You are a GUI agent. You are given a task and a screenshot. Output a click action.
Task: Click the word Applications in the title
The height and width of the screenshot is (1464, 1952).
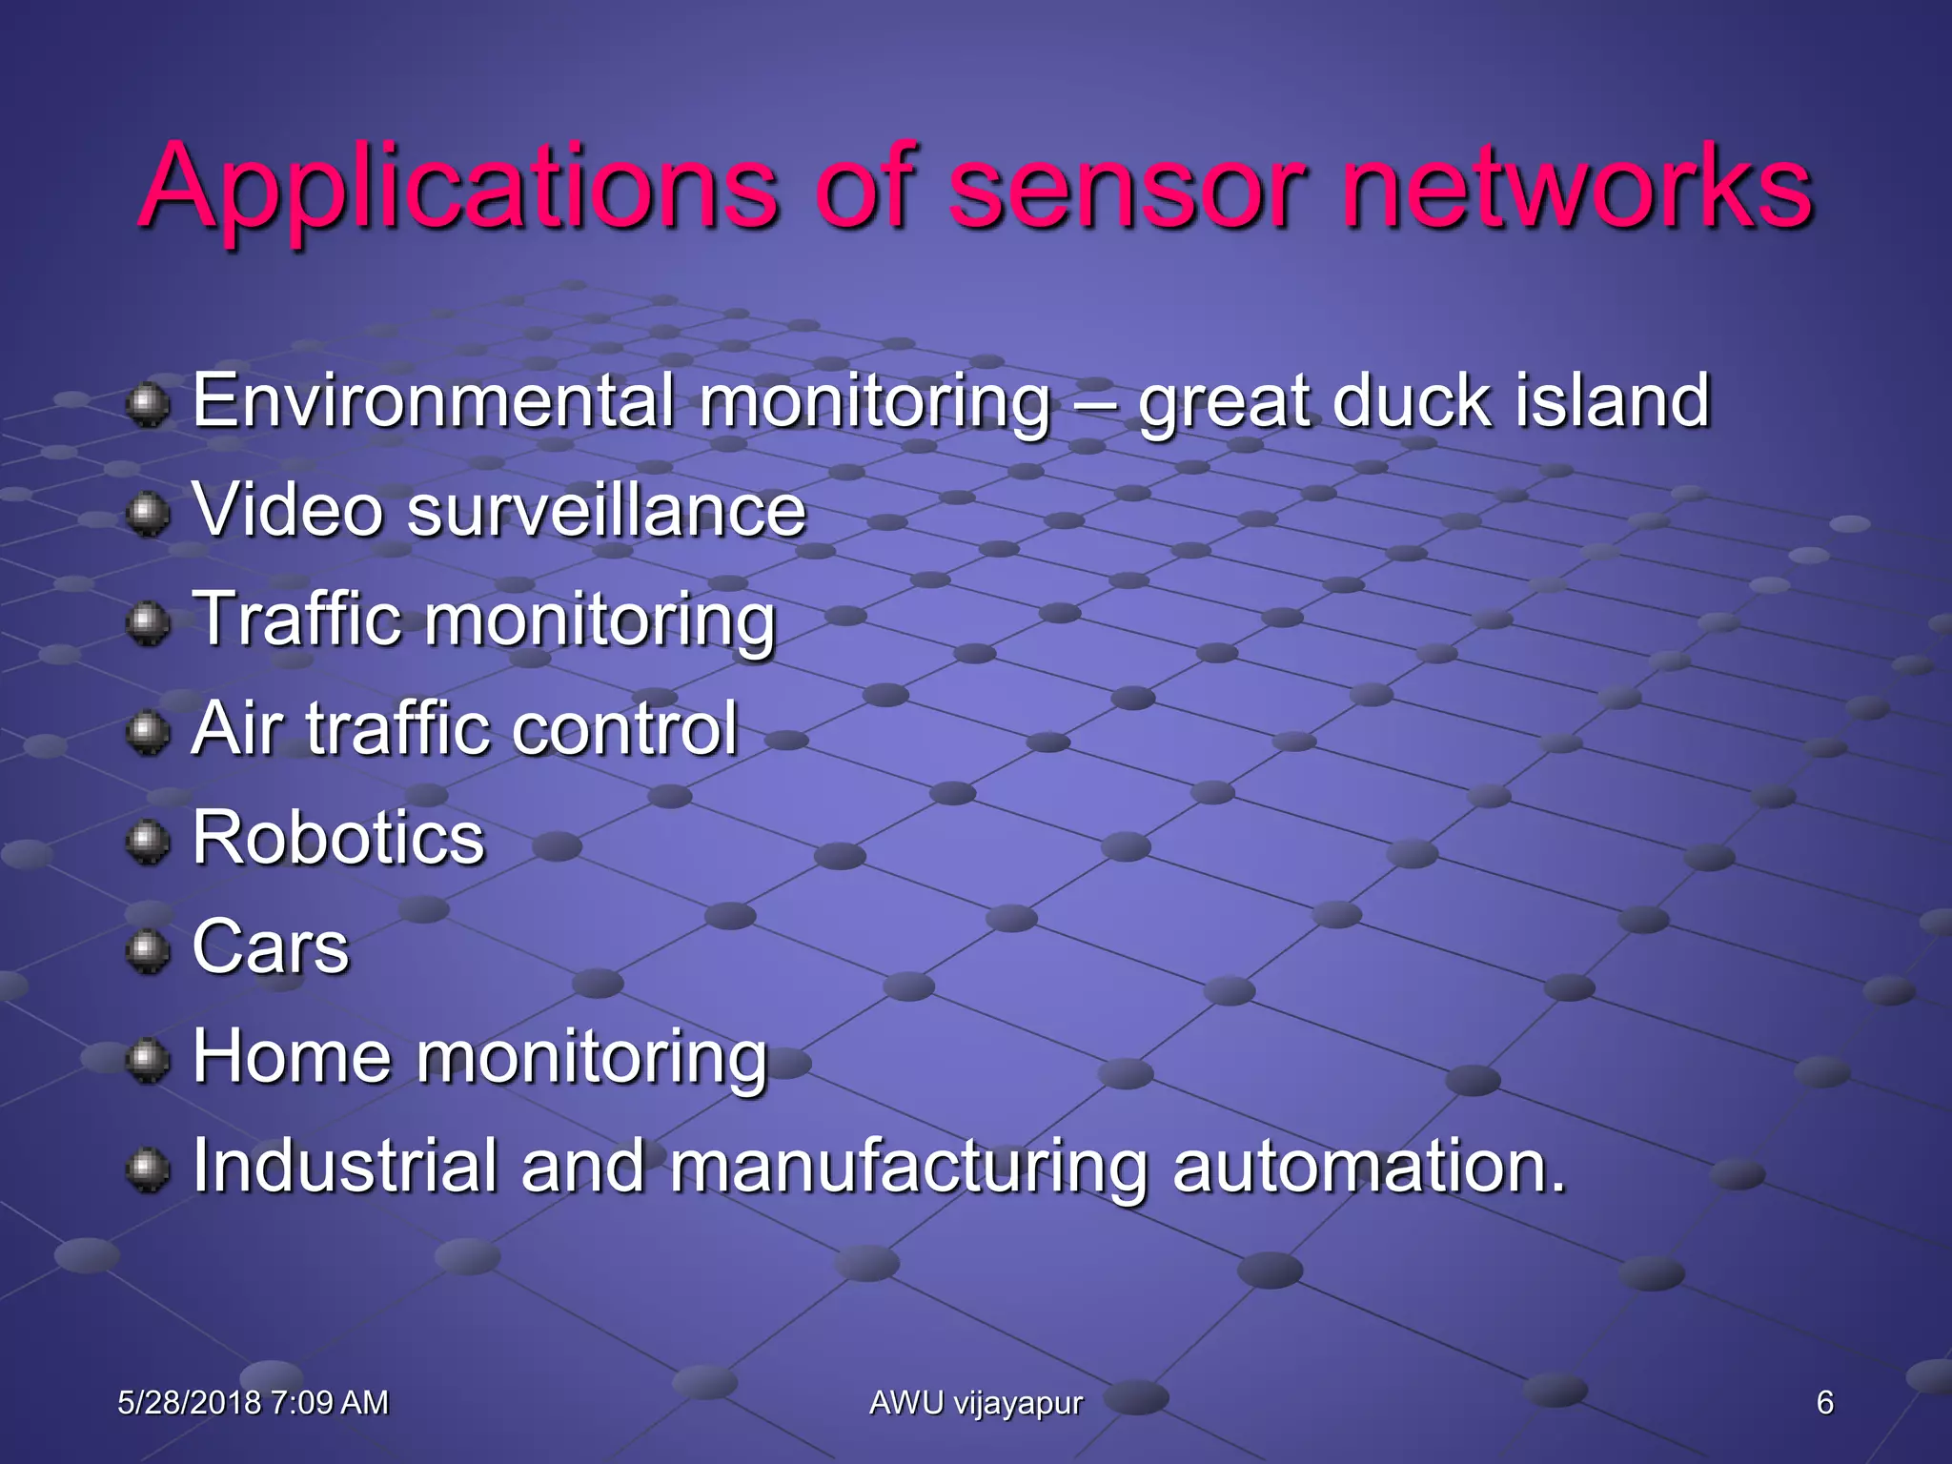coord(457,189)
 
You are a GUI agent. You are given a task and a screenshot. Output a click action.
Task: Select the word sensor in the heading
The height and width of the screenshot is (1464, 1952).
coord(1125,189)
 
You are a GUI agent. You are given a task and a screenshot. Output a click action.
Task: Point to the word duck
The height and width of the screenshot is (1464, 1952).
coord(1412,401)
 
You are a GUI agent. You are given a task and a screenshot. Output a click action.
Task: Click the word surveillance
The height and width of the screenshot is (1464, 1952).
coord(606,511)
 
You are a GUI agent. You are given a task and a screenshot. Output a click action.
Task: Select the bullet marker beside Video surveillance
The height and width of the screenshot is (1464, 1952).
coord(148,514)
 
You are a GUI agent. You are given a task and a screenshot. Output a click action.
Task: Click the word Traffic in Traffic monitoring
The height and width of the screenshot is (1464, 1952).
coord(296,620)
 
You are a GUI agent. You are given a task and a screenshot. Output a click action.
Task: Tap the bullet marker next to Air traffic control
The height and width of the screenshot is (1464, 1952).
coord(148,732)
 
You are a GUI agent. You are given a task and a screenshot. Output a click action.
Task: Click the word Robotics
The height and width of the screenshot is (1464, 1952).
coord(338,838)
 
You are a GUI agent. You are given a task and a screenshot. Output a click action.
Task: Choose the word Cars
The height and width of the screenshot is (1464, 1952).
coord(271,947)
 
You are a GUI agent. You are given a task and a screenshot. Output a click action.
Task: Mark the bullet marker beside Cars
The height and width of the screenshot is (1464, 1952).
coord(148,950)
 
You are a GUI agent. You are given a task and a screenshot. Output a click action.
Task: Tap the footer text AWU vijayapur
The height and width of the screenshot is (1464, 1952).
coord(976,1403)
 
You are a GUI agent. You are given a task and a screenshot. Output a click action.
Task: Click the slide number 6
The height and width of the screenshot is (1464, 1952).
coord(1824,1403)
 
